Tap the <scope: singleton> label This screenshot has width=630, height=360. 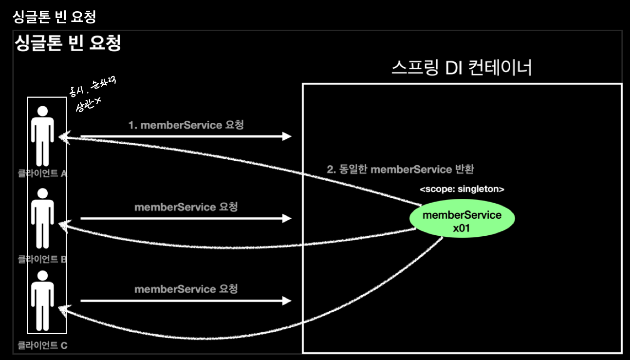click(x=462, y=189)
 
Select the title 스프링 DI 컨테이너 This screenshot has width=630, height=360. click(x=462, y=68)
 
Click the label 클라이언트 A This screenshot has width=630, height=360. click(x=42, y=173)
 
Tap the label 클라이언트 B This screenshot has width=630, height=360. click(x=42, y=259)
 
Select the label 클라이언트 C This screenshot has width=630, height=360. click(x=42, y=345)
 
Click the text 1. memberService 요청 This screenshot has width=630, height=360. click(x=186, y=125)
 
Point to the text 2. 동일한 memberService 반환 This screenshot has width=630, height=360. click(x=400, y=170)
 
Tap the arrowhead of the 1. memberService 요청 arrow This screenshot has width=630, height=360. click(x=287, y=136)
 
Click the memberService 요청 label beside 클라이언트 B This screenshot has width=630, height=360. click(x=186, y=207)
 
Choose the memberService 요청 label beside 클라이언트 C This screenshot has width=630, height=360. click(x=186, y=289)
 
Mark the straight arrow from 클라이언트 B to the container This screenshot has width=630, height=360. click(x=185, y=219)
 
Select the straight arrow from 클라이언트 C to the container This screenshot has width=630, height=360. click(x=185, y=301)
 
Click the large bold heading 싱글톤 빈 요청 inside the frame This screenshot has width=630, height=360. click(x=68, y=44)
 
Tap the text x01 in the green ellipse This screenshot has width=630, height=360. click(x=462, y=228)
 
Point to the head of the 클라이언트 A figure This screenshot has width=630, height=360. click(x=43, y=111)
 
